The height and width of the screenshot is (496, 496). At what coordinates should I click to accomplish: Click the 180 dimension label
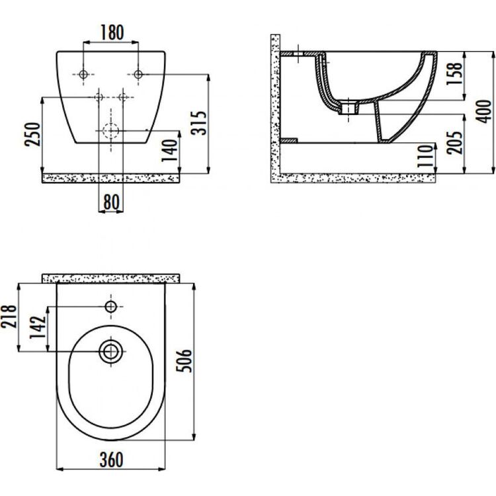pyautogui.click(x=112, y=32)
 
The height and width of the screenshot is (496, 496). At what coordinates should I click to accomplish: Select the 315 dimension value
pyautogui.click(x=200, y=123)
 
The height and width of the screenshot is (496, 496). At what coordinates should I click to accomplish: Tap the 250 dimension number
pyautogui.click(x=32, y=134)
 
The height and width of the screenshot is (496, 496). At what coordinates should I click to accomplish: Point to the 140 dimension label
pyautogui.click(x=169, y=150)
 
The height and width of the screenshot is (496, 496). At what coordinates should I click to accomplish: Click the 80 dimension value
pyautogui.click(x=111, y=202)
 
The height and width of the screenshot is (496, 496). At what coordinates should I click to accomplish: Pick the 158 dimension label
pyautogui.click(x=454, y=73)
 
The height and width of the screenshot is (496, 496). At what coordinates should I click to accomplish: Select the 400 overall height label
pyautogui.click(x=483, y=111)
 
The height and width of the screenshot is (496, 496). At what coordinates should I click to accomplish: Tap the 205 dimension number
pyautogui.click(x=454, y=142)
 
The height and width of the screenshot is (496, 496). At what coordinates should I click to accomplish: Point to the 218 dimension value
pyautogui.click(x=9, y=316)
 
